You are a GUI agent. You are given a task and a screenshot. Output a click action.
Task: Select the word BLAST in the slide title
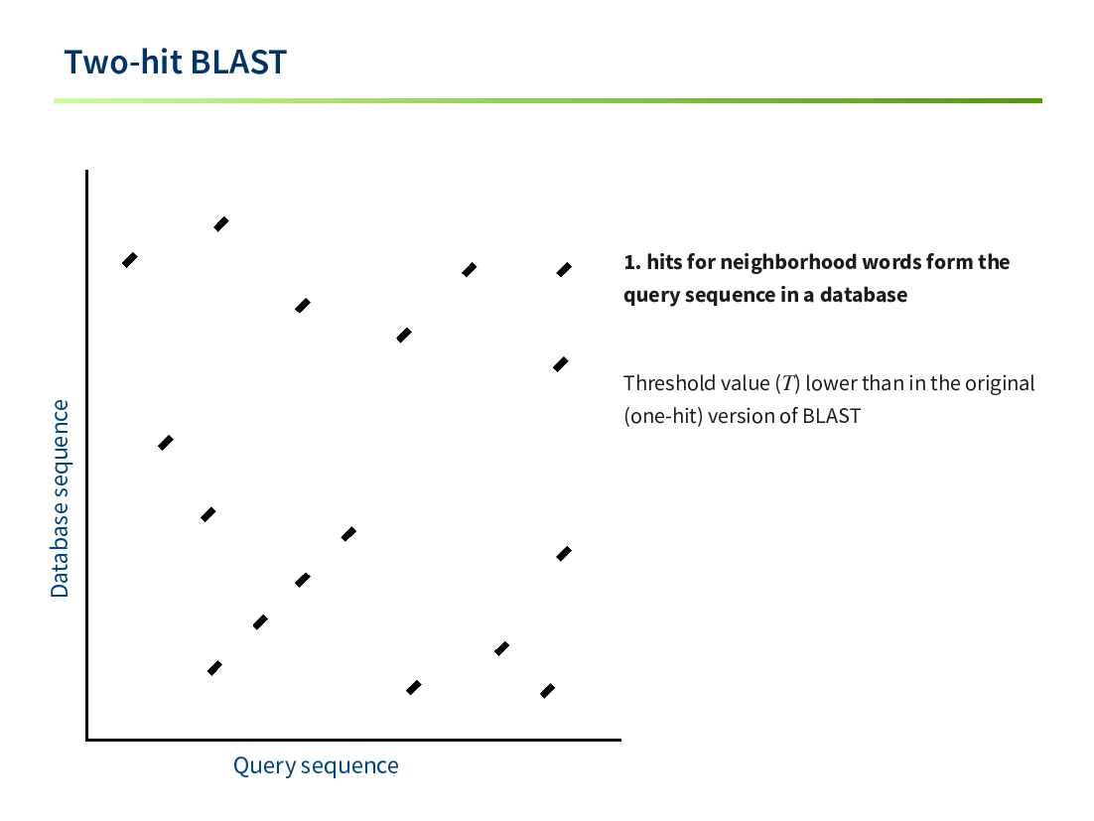click(x=238, y=63)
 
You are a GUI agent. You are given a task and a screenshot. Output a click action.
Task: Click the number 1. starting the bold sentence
click(x=632, y=262)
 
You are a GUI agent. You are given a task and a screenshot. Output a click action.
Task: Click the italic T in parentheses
click(x=787, y=383)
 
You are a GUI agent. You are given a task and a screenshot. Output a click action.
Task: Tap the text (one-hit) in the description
click(x=663, y=416)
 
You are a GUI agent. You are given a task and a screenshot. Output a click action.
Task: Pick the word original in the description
click(x=1000, y=383)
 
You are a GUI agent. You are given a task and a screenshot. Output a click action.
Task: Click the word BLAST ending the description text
click(x=832, y=416)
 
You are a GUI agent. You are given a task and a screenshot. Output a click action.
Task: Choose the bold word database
click(x=864, y=295)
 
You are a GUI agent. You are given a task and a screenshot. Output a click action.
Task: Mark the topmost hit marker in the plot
click(x=221, y=224)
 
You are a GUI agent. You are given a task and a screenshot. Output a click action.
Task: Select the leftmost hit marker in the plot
click(x=130, y=259)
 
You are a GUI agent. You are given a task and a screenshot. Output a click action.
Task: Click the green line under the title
click(x=548, y=100)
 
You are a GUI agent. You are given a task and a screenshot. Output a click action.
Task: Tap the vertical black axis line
click(x=87, y=455)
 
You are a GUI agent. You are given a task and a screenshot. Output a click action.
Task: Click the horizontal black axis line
click(x=353, y=740)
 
